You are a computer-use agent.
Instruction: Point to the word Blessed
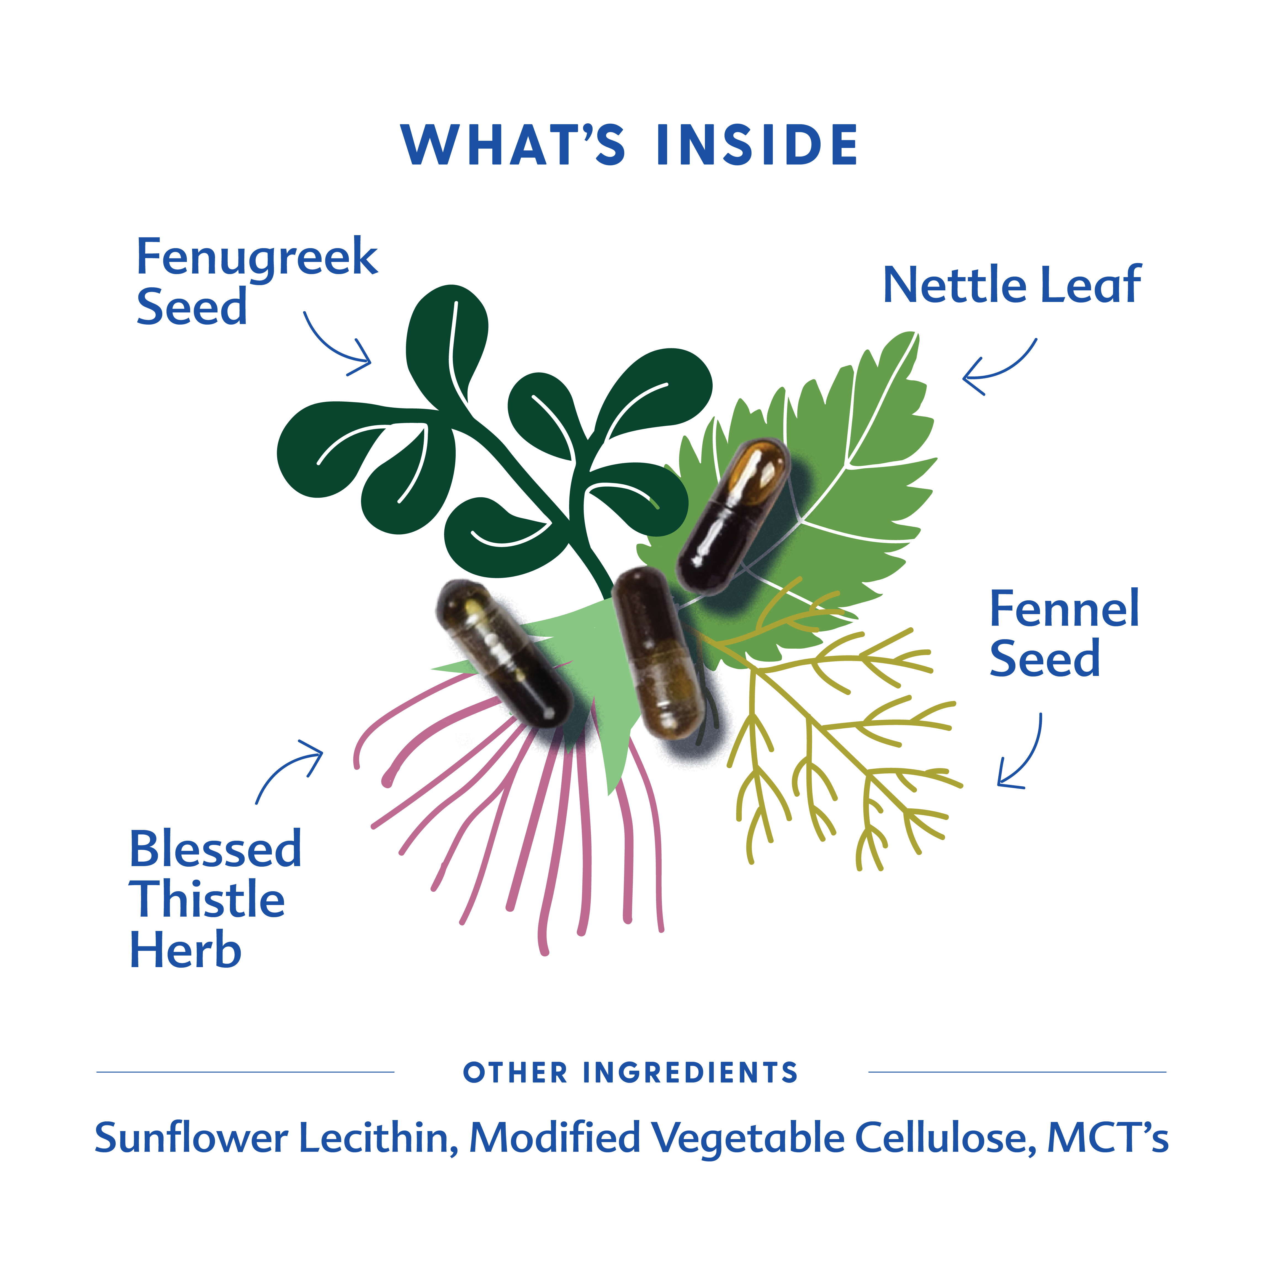pos(216,850)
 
